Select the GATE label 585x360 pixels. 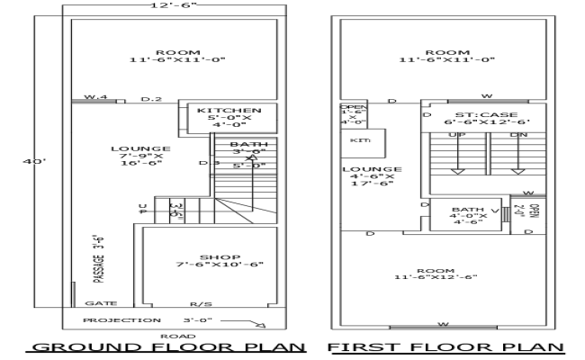click(96, 304)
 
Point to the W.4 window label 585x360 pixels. click(96, 97)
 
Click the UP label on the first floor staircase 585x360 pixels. click(456, 135)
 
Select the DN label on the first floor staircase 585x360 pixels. click(518, 135)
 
